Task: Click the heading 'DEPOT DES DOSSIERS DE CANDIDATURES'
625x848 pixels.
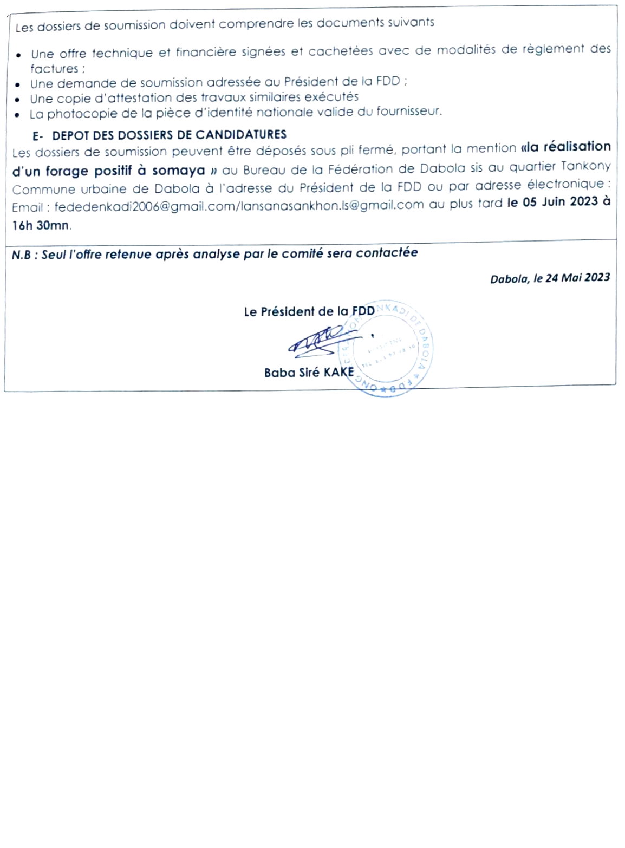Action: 169,135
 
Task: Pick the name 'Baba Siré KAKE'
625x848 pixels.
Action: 309,373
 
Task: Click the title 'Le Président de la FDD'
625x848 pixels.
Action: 309,311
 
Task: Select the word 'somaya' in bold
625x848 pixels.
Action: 178,171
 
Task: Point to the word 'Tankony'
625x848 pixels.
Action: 588,166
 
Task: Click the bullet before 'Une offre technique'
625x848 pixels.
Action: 19,55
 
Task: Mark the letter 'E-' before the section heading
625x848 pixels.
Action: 38,136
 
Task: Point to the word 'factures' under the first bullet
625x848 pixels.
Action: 54,69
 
